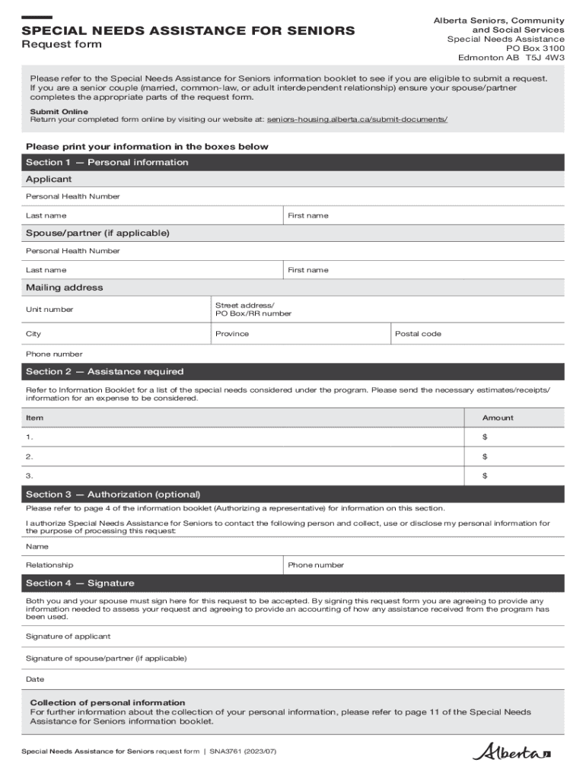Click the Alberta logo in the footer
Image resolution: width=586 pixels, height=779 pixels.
[x=511, y=752]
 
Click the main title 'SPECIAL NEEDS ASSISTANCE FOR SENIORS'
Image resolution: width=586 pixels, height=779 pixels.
[x=188, y=30]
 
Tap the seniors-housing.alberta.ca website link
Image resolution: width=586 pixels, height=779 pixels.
[x=357, y=120]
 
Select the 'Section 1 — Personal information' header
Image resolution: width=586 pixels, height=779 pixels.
[x=107, y=162]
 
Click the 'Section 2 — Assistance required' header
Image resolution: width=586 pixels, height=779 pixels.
[x=104, y=371]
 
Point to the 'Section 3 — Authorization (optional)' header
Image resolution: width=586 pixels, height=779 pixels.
[x=113, y=494]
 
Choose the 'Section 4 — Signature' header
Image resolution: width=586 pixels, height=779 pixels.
[x=80, y=583]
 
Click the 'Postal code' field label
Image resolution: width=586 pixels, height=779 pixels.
[x=418, y=334]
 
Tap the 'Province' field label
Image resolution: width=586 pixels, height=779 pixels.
[x=231, y=334]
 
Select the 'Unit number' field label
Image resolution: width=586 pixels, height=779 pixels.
[x=49, y=310]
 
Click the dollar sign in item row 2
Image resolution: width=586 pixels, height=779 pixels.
[x=485, y=456]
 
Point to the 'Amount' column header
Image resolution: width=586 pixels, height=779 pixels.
[x=498, y=418]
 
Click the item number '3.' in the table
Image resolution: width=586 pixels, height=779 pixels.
[x=30, y=475]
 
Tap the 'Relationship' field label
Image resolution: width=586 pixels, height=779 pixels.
[x=49, y=565]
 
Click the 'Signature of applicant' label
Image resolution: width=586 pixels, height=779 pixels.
[x=68, y=636]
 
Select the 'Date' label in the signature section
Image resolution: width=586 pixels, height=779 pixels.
[x=35, y=679]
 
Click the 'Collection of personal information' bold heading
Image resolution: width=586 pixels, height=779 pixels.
[x=107, y=702]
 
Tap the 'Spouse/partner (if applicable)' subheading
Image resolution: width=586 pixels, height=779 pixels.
[x=97, y=233]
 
